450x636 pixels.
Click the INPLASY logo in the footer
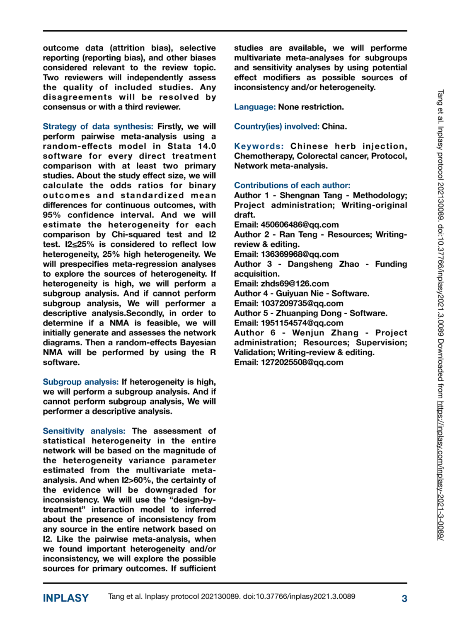click(x=65, y=598)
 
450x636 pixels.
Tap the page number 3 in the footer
click(x=404, y=598)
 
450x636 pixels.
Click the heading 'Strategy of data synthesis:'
click(x=98, y=127)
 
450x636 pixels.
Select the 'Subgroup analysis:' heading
click(x=80, y=382)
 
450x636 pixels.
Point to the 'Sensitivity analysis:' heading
click(x=84, y=431)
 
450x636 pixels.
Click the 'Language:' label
click(x=254, y=107)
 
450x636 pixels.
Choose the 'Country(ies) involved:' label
click(x=276, y=127)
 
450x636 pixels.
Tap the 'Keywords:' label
click(x=259, y=146)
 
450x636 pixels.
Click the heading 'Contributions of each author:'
click(x=292, y=185)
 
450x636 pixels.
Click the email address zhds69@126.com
click(x=295, y=284)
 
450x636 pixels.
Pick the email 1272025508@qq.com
click(x=302, y=362)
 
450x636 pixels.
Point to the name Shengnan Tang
click(x=311, y=195)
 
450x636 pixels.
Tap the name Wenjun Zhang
click(x=325, y=333)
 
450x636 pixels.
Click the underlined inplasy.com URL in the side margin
click(x=440, y=470)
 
